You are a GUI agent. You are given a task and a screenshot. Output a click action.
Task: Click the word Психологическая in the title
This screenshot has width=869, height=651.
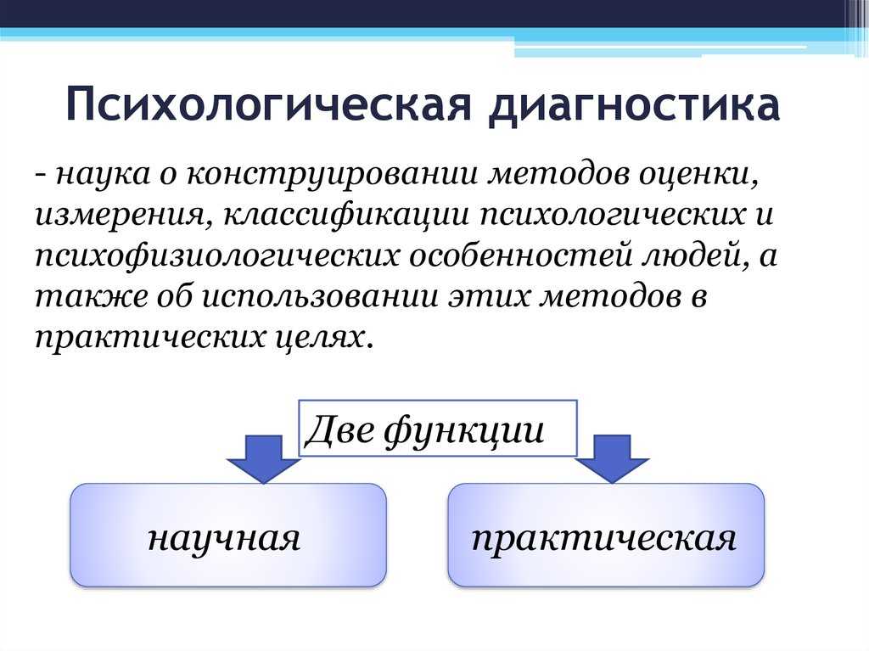click(x=268, y=104)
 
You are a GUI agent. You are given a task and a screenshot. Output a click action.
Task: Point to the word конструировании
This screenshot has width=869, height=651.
click(x=332, y=173)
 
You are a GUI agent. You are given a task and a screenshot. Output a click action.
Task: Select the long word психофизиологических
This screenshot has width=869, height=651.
click(x=216, y=255)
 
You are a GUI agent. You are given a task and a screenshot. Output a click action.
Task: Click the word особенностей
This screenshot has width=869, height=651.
click(x=521, y=255)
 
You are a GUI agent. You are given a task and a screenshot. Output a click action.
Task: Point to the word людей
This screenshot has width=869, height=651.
click(x=696, y=255)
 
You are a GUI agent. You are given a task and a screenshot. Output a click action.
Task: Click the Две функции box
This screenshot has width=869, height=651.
click(x=438, y=428)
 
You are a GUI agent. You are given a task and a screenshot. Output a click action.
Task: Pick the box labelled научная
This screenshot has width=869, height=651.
click(x=228, y=535)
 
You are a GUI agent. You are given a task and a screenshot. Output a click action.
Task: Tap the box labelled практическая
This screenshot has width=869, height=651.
click(x=606, y=535)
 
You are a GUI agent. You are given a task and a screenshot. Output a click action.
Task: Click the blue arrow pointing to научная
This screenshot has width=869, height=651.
click(x=263, y=458)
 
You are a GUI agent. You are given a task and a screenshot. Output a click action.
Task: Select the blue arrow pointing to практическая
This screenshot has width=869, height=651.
click(x=612, y=458)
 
